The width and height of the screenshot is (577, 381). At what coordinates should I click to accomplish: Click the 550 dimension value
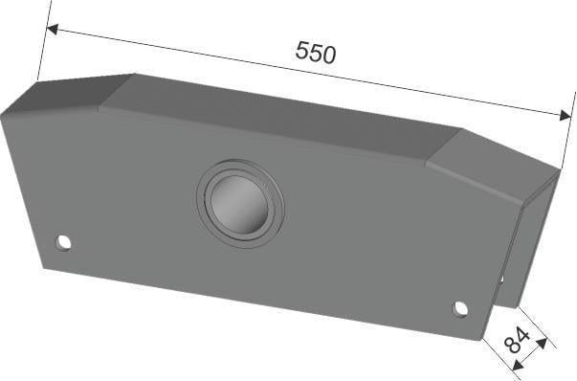[316, 53]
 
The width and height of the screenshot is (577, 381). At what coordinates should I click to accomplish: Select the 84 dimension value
[517, 340]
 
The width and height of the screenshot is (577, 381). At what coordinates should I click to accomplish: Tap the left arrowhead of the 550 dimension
[52, 29]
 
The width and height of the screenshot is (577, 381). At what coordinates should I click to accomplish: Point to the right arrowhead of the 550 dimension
[566, 116]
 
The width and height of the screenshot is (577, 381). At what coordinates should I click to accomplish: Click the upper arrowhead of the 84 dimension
[542, 344]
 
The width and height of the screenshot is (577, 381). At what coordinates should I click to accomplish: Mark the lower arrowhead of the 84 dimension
[519, 365]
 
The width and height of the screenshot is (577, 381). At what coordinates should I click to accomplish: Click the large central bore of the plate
[239, 204]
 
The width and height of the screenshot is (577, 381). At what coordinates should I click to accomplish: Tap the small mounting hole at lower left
[63, 242]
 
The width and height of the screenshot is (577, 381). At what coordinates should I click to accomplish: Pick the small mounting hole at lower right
[459, 308]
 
